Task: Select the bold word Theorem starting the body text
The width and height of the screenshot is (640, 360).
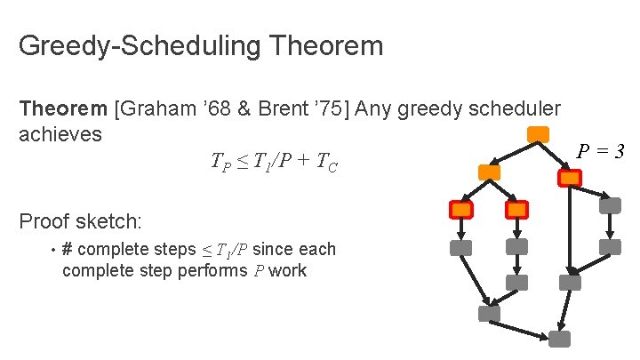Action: tap(63, 108)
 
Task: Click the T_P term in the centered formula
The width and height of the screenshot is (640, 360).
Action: tap(221, 162)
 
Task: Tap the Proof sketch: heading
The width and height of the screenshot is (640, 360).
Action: tap(81, 220)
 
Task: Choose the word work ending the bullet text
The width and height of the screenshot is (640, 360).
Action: tap(288, 270)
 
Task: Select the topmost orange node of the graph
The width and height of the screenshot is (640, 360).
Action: tap(537, 135)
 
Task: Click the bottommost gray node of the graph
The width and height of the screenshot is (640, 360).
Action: tap(559, 339)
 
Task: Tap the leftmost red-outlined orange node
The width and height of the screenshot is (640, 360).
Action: tap(461, 210)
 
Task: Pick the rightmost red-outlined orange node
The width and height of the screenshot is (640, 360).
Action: tap(569, 178)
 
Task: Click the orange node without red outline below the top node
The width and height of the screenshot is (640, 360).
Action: tap(489, 172)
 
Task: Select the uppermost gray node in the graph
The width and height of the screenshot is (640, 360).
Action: tap(610, 205)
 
